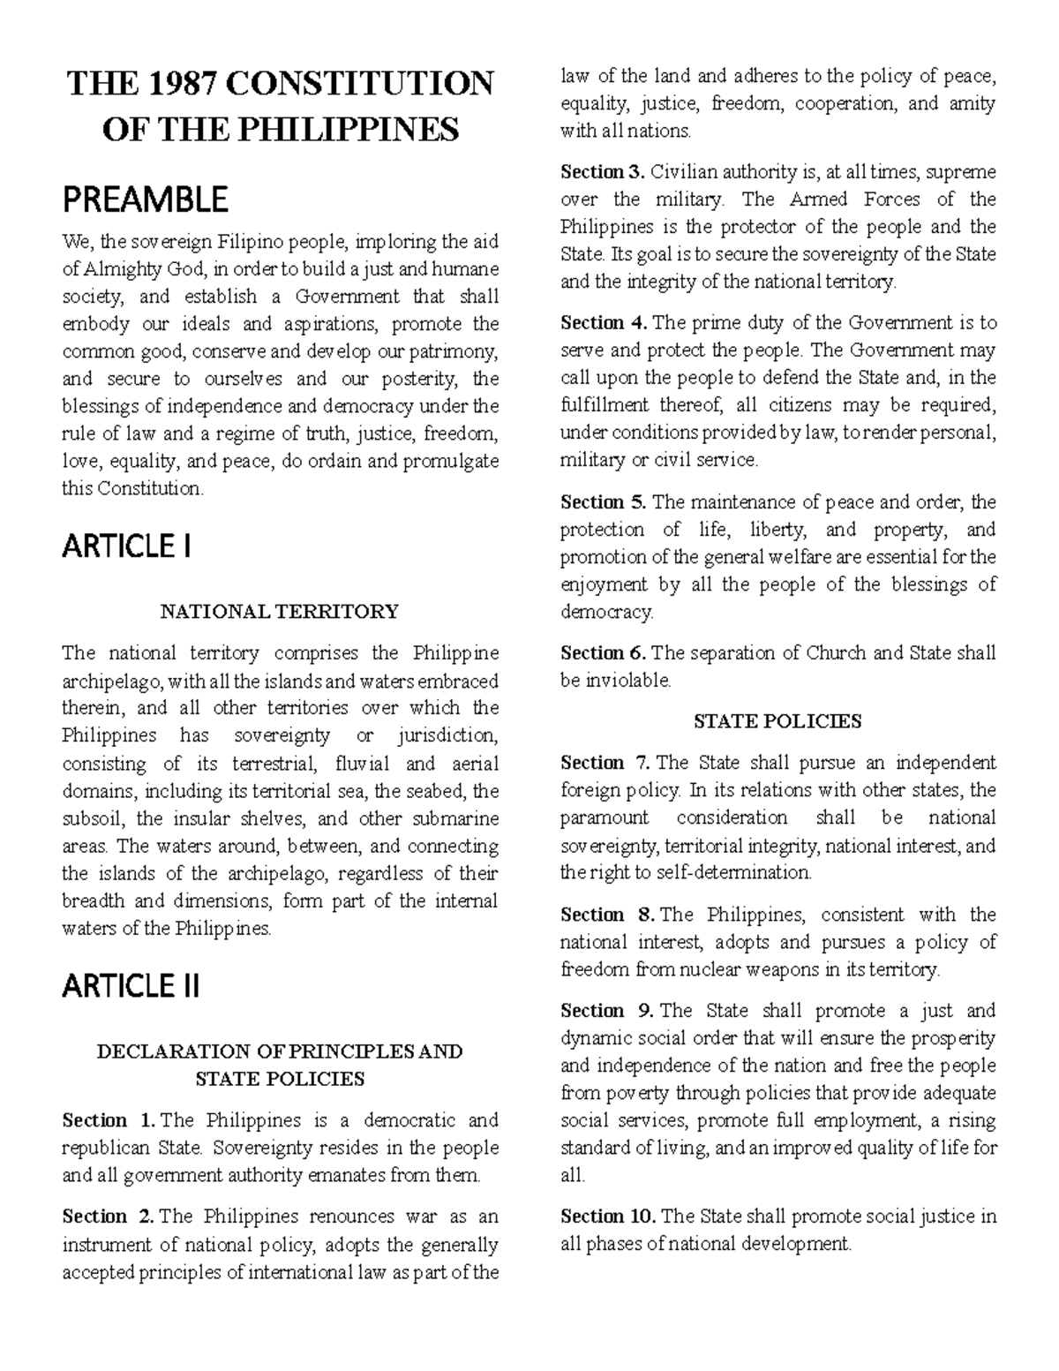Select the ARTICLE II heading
131,985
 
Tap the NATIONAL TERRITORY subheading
279,611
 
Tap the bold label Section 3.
604,171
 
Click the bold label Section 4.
604,322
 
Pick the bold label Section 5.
604,502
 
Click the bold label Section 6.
604,653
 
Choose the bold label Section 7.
606,763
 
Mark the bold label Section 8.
606,915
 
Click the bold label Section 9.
606,1011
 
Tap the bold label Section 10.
608,1217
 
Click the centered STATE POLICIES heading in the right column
777,721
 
